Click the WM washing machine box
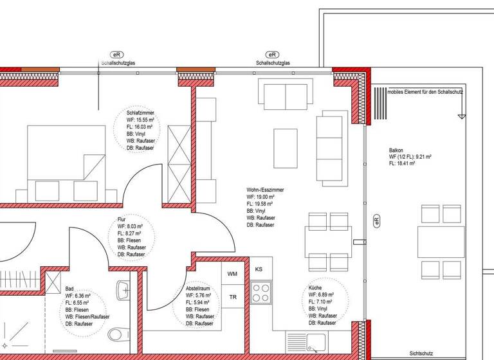click(233, 274)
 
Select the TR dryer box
click(233, 297)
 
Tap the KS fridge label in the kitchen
click(259, 269)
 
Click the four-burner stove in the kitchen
click(261, 293)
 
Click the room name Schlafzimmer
click(140, 113)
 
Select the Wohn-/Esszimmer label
click(265, 190)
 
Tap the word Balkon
click(396, 149)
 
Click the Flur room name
click(122, 220)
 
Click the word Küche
click(315, 287)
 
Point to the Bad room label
click(70, 289)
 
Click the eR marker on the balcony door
click(377, 221)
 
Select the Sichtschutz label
click(421, 353)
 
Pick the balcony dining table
click(441, 241)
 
